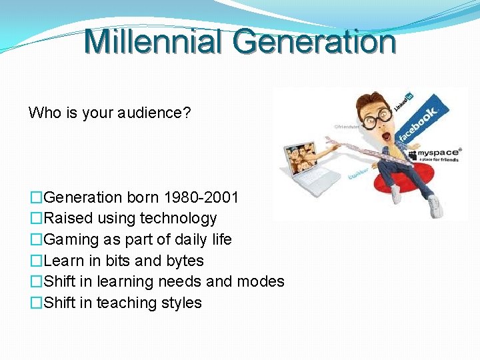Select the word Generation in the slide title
click(315, 41)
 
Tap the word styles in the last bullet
click(181, 303)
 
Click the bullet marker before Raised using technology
click(36, 219)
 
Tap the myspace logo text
click(441, 153)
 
